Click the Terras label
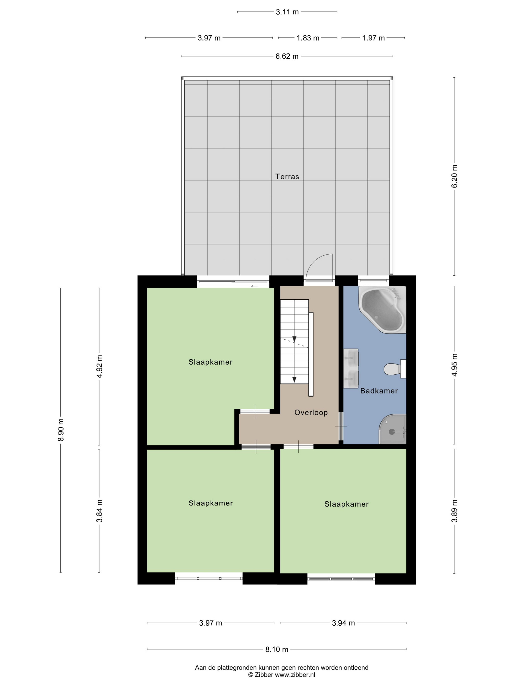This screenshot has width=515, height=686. tap(287, 176)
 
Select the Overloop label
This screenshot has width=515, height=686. tap(311, 413)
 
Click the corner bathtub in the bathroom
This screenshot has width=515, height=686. tap(382, 309)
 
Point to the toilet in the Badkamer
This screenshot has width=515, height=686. tap(395, 369)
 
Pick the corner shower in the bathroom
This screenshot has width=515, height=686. tap(392, 429)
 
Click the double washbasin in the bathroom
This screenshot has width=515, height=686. tap(351, 368)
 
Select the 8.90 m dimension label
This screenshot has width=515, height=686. tap(61, 430)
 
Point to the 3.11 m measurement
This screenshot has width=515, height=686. tap(287, 12)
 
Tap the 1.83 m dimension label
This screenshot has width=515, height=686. tap(308, 38)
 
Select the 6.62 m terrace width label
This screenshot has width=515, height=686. tap(287, 56)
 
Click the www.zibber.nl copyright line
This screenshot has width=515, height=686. tap(282, 674)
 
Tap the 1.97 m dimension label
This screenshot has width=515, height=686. tap(373, 38)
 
